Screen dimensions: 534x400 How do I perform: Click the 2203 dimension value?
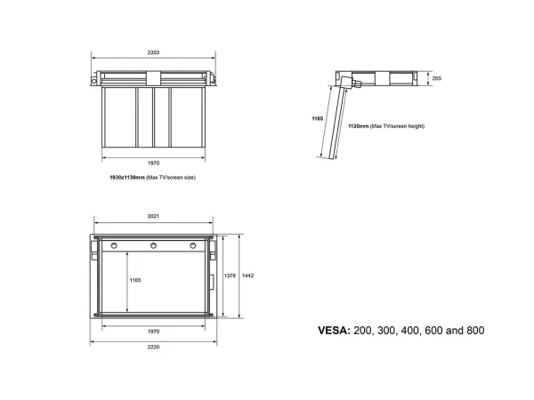pos(153,52)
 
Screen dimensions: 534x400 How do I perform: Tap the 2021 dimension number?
pos(153,216)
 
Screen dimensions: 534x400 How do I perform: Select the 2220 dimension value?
pos(153,347)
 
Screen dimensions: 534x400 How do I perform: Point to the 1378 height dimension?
pos(230,276)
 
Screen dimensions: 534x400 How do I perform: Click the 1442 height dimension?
pos(248,276)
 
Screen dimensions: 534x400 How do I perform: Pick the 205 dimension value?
pos(437,78)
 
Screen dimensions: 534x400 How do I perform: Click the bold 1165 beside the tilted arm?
pos(318,119)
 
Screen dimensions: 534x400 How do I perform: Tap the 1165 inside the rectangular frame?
pos(135,280)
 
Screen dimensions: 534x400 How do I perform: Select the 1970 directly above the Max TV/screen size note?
pos(153,164)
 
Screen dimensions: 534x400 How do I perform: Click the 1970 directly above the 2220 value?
pos(153,332)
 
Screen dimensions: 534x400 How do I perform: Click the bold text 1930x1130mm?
pos(127,177)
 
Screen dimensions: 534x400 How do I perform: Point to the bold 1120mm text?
pos(359,126)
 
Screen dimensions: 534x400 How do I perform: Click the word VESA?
pos(334,331)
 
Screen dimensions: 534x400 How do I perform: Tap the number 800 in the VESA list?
pos(475,331)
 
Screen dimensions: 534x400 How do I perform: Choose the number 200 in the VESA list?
pos(361,331)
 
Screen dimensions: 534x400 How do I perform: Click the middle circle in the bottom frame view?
pos(154,245)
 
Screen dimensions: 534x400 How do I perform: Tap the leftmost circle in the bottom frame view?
pos(114,245)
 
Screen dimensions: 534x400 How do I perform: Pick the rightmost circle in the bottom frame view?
pos(193,245)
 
